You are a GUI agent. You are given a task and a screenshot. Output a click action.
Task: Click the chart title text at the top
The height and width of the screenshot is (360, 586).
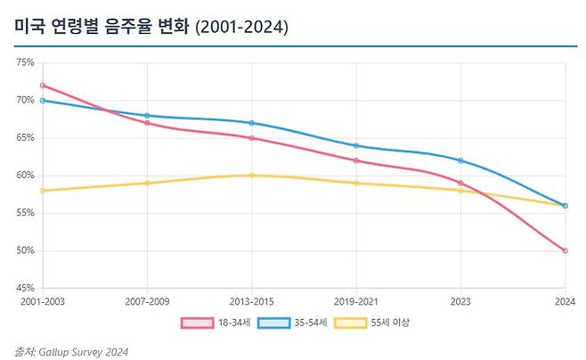click(x=151, y=28)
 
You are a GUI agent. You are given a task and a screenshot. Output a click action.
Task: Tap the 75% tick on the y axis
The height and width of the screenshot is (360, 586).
click(x=24, y=63)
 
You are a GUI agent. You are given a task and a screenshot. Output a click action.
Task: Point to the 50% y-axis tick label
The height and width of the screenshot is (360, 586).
click(x=24, y=250)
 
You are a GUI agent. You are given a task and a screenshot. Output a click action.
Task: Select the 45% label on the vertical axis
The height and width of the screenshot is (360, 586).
click(x=24, y=288)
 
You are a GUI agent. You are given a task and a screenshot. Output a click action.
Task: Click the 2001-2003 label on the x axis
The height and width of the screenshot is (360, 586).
click(x=42, y=301)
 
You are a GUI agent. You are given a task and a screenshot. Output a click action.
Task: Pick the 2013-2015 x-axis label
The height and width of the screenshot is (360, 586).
click(x=251, y=301)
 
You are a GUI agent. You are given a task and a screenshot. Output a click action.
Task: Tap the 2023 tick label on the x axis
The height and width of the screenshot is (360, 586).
click(x=460, y=301)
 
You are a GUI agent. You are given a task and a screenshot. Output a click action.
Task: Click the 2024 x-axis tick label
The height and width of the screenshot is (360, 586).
click(x=565, y=301)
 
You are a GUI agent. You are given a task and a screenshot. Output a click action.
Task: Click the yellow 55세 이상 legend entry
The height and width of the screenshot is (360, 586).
click(x=372, y=323)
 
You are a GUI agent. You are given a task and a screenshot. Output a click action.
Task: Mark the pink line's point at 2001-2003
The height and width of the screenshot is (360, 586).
click(x=43, y=86)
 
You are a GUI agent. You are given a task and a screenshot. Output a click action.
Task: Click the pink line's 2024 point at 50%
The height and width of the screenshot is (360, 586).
click(x=565, y=250)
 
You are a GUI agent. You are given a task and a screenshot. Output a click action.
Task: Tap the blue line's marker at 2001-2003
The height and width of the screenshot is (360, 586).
click(x=43, y=101)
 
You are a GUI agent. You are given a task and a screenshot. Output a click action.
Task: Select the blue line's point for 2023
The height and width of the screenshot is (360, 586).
click(x=460, y=160)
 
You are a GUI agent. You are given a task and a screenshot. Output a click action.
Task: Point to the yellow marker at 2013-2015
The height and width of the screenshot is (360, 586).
click(x=251, y=176)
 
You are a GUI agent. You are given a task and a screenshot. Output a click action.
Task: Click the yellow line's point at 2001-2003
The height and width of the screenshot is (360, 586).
click(x=43, y=191)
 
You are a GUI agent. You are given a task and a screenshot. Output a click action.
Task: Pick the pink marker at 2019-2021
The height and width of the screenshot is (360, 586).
click(x=356, y=160)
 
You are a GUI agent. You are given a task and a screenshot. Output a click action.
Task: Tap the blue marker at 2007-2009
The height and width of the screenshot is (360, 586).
click(x=147, y=116)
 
